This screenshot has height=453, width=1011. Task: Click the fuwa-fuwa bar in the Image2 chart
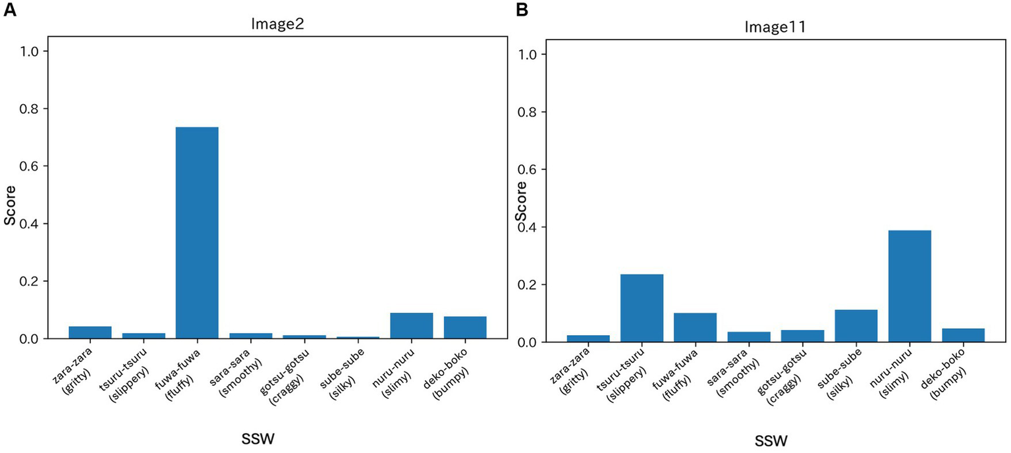197,233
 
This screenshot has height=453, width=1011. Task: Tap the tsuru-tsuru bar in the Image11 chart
642,308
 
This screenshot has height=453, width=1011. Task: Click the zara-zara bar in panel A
90,333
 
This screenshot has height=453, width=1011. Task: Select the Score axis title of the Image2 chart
11,195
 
